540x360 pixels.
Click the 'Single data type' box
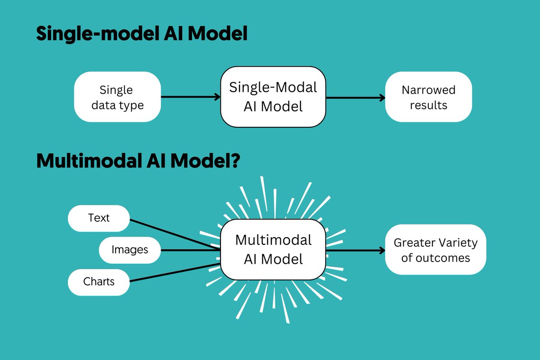click(117, 97)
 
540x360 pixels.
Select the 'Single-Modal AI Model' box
click(273, 97)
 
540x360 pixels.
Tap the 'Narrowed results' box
click(428, 97)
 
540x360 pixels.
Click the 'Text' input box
click(99, 218)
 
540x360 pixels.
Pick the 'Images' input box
click(130, 250)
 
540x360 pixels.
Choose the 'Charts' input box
click(99, 282)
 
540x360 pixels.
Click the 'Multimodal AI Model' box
click(273, 250)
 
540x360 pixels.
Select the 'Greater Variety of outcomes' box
click(436, 250)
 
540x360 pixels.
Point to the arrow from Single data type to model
click(189, 97)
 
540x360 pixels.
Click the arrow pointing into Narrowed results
click(355, 97)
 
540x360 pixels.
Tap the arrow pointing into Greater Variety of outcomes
click(355, 250)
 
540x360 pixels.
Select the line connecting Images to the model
click(189, 250)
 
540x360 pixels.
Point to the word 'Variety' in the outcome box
click(458, 243)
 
